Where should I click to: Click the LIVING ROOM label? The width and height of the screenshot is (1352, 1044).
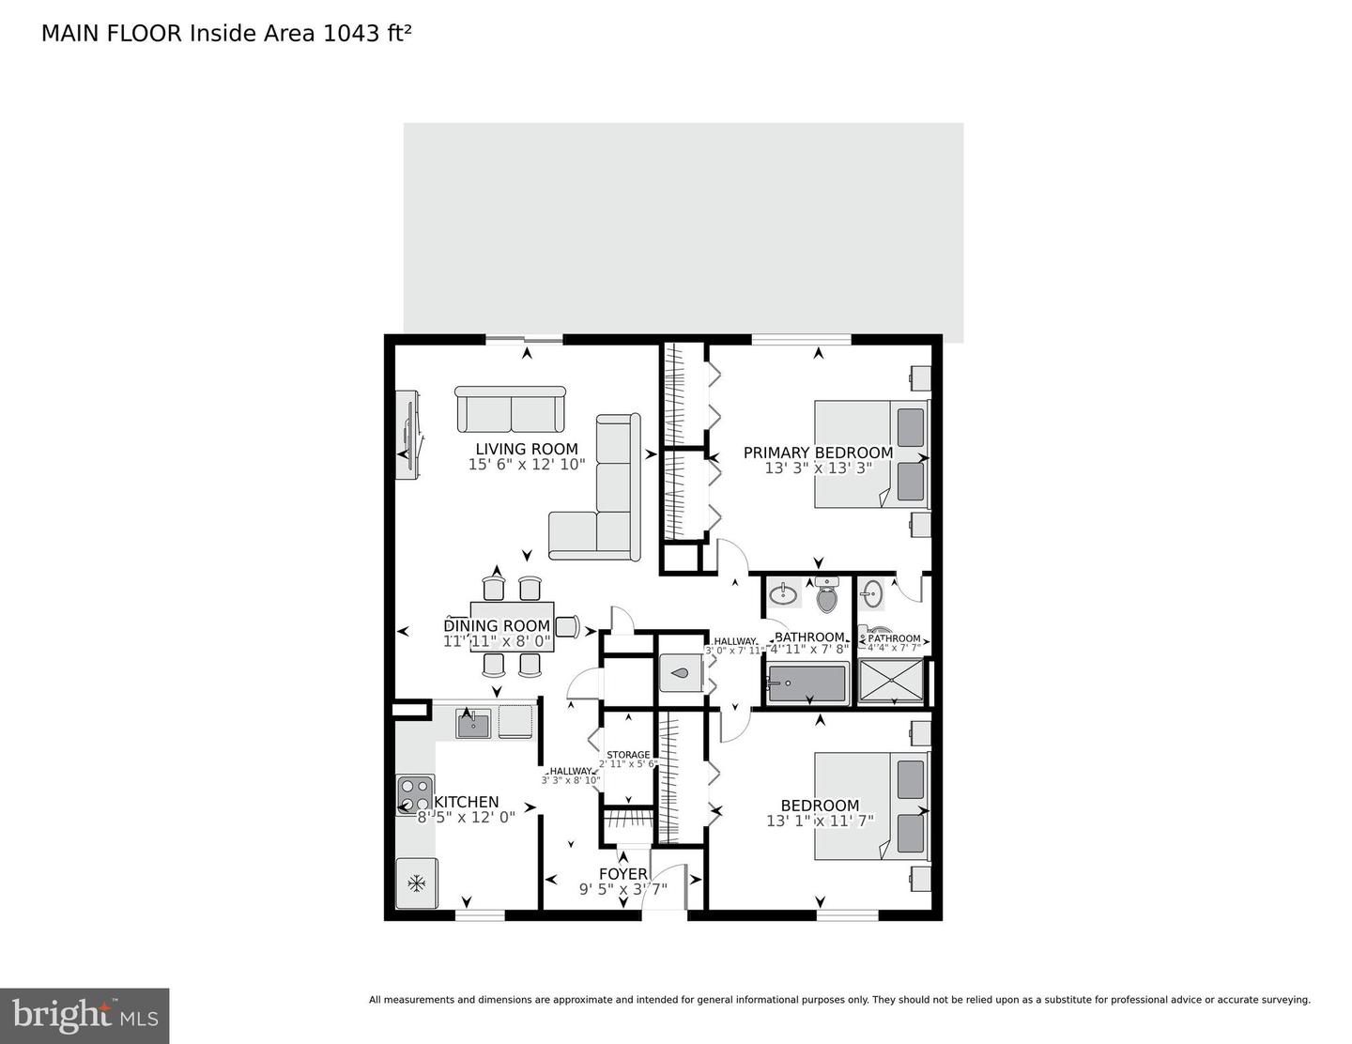[x=526, y=449]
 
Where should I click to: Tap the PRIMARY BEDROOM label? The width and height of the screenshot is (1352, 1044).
[x=818, y=453]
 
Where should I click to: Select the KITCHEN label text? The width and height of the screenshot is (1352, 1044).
[x=466, y=802]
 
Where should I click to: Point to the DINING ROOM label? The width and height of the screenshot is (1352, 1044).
[x=497, y=626]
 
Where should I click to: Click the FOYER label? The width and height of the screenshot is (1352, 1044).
[x=622, y=874]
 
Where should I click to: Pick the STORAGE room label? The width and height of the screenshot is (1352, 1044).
[x=628, y=754]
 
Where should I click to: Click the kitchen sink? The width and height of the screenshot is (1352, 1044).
[x=473, y=723]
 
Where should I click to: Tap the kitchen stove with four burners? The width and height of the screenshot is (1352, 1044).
[x=414, y=794]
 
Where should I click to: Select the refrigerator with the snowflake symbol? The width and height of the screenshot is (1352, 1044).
[x=416, y=883]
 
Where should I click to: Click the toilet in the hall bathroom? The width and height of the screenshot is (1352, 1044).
[x=826, y=595]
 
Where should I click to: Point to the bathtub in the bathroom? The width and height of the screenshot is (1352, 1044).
[x=807, y=683]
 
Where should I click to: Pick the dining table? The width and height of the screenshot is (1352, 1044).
[x=512, y=626]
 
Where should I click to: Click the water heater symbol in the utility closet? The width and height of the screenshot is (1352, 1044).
[x=681, y=672]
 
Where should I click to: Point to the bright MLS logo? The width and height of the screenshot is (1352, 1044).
[x=84, y=1016]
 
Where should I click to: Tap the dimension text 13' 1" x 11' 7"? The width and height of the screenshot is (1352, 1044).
[x=820, y=821]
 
